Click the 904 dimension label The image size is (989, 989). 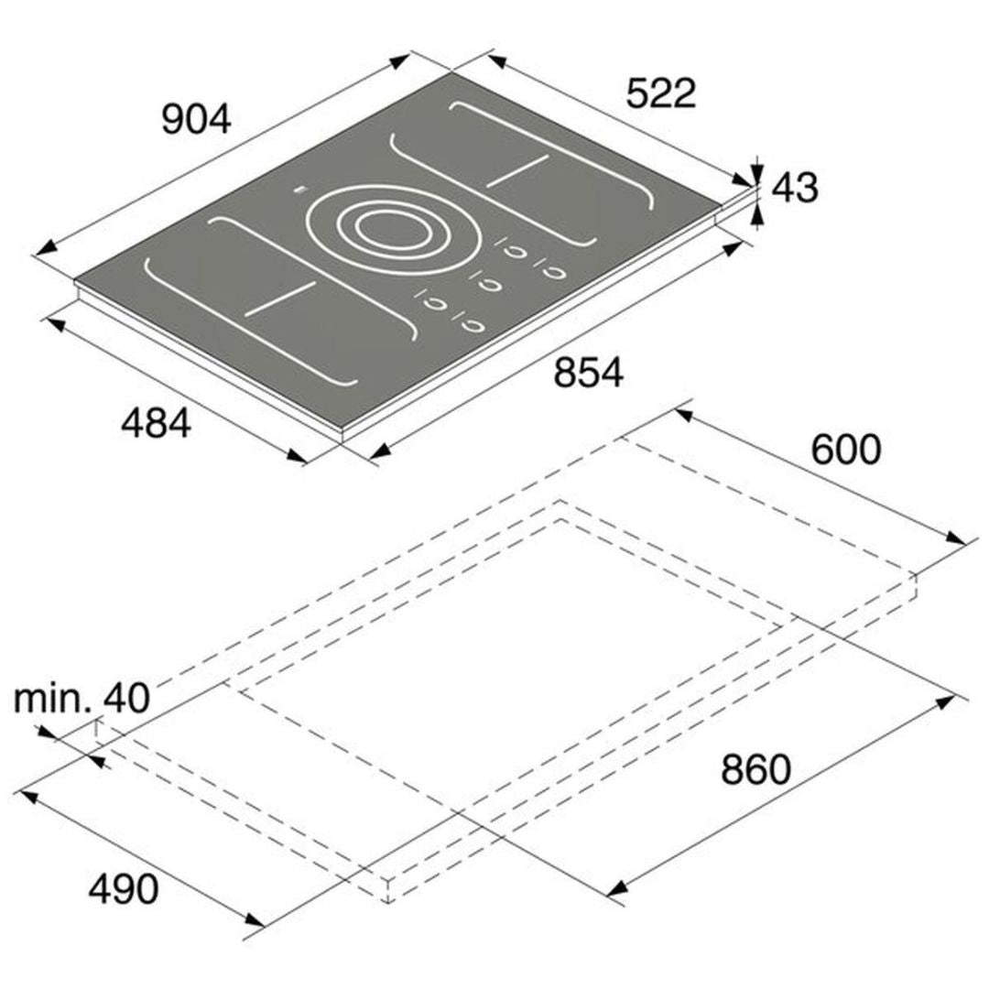197,120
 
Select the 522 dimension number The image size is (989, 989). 661,93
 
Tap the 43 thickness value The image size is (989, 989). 796,188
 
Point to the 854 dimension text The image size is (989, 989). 589,372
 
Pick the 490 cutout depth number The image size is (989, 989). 124,889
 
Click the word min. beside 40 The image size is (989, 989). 52,698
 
